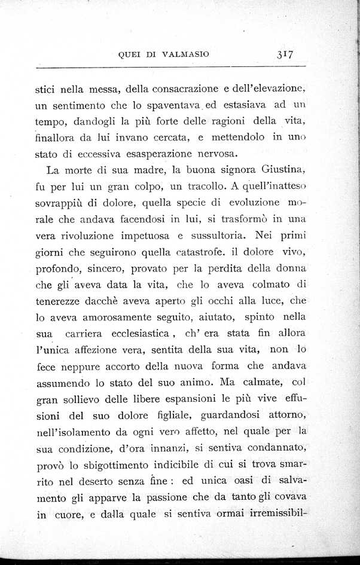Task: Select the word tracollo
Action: tap(210, 185)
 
